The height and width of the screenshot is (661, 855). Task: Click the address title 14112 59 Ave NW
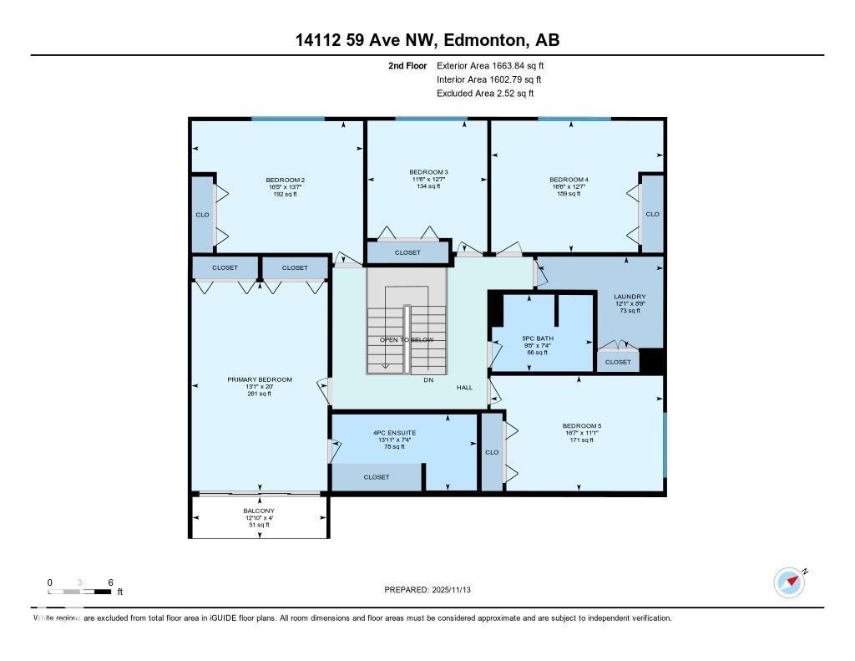click(x=427, y=40)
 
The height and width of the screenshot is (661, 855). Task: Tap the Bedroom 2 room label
click(x=285, y=181)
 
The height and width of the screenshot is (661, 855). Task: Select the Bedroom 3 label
click(x=427, y=172)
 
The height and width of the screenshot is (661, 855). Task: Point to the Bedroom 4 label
click(x=569, y=181)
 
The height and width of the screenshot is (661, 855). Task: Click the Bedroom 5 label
click(x=581, y=426)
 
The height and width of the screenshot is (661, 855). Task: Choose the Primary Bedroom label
click(x=260, y=379)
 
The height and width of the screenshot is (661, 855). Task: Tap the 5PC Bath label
click(x=534, y=338)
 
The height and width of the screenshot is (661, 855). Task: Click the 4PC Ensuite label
click(x=394, y=433)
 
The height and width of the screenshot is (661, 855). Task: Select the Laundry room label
click(x=629, y=297)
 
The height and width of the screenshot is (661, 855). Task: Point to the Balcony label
click(x=259, y=511)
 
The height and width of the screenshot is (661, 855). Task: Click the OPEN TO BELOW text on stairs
click(x=407, y=340)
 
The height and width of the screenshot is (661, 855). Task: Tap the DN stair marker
click(x=428, y=380)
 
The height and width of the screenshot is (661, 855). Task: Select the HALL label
click(x=464, y=388)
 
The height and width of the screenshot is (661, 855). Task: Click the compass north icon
click(x=789, y=582)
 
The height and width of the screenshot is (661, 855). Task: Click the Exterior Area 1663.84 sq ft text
click(x=490, y=65)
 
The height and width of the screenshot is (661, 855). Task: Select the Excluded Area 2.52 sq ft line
click(x=485, y=94)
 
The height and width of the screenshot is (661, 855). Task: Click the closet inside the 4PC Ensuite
click(x=377, y=477)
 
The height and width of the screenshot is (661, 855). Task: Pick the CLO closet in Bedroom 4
click(x=652, y=214)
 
